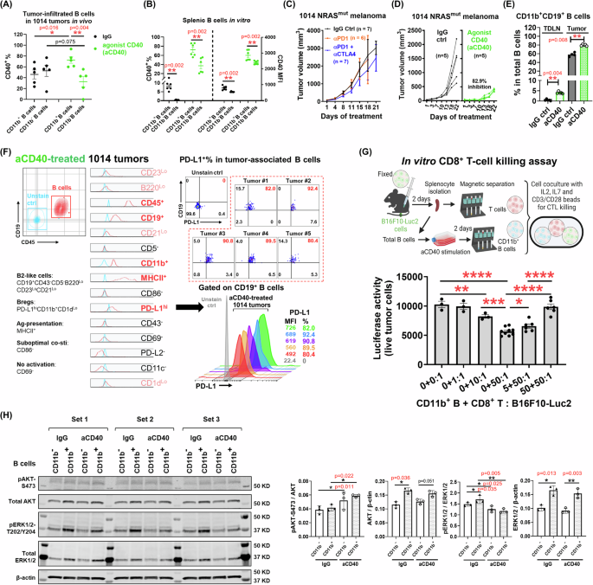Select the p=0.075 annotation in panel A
tap(60, 40)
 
